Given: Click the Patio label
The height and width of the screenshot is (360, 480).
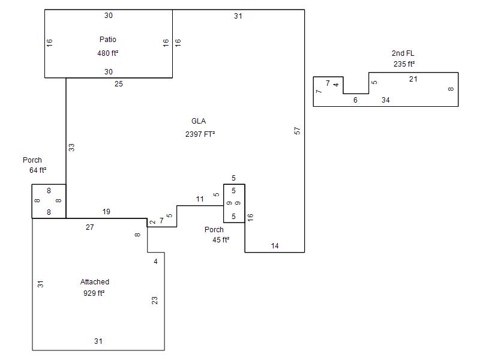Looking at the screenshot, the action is tap(108, 40).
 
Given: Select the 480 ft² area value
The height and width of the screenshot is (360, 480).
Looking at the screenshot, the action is tap(108, 53).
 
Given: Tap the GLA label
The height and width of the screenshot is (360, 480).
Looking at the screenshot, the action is tap(199, 121).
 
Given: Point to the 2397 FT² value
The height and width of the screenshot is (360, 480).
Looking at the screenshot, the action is tap(200, 134).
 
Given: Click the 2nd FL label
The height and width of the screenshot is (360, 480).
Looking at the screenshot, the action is tap(403, 53).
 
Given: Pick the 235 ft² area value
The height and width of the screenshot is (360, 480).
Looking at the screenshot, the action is tap(404, 64).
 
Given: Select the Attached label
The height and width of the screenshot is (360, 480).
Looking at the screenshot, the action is tap(95, 282).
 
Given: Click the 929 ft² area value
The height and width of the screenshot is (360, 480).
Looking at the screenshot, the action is tap(94, 293).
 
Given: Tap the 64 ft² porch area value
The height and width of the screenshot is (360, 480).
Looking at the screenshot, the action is tap(38, 170).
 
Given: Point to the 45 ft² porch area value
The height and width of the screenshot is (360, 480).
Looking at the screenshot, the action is tap(221, 239).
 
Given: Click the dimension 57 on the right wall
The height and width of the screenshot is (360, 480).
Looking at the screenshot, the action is tap(297, 131).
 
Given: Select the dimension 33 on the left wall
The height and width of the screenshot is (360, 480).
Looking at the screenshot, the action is tap(71, 148).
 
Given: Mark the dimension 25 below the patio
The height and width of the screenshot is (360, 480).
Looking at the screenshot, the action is tap(119, 84).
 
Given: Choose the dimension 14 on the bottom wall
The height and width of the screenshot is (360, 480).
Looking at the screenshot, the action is tap(275, 246).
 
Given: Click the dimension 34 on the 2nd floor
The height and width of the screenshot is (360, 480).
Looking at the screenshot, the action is tap(386, 100).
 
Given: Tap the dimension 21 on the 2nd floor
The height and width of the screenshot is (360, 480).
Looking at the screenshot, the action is tap(413, 79).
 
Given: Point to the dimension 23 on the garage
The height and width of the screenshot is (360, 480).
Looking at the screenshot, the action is tap(155, 301).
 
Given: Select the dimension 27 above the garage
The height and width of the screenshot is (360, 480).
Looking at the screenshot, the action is tap(89, 227).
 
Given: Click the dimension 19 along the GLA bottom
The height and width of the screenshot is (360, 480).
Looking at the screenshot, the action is tap(106, 212).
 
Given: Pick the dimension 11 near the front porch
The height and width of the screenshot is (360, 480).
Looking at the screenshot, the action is tap(200, 199).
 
